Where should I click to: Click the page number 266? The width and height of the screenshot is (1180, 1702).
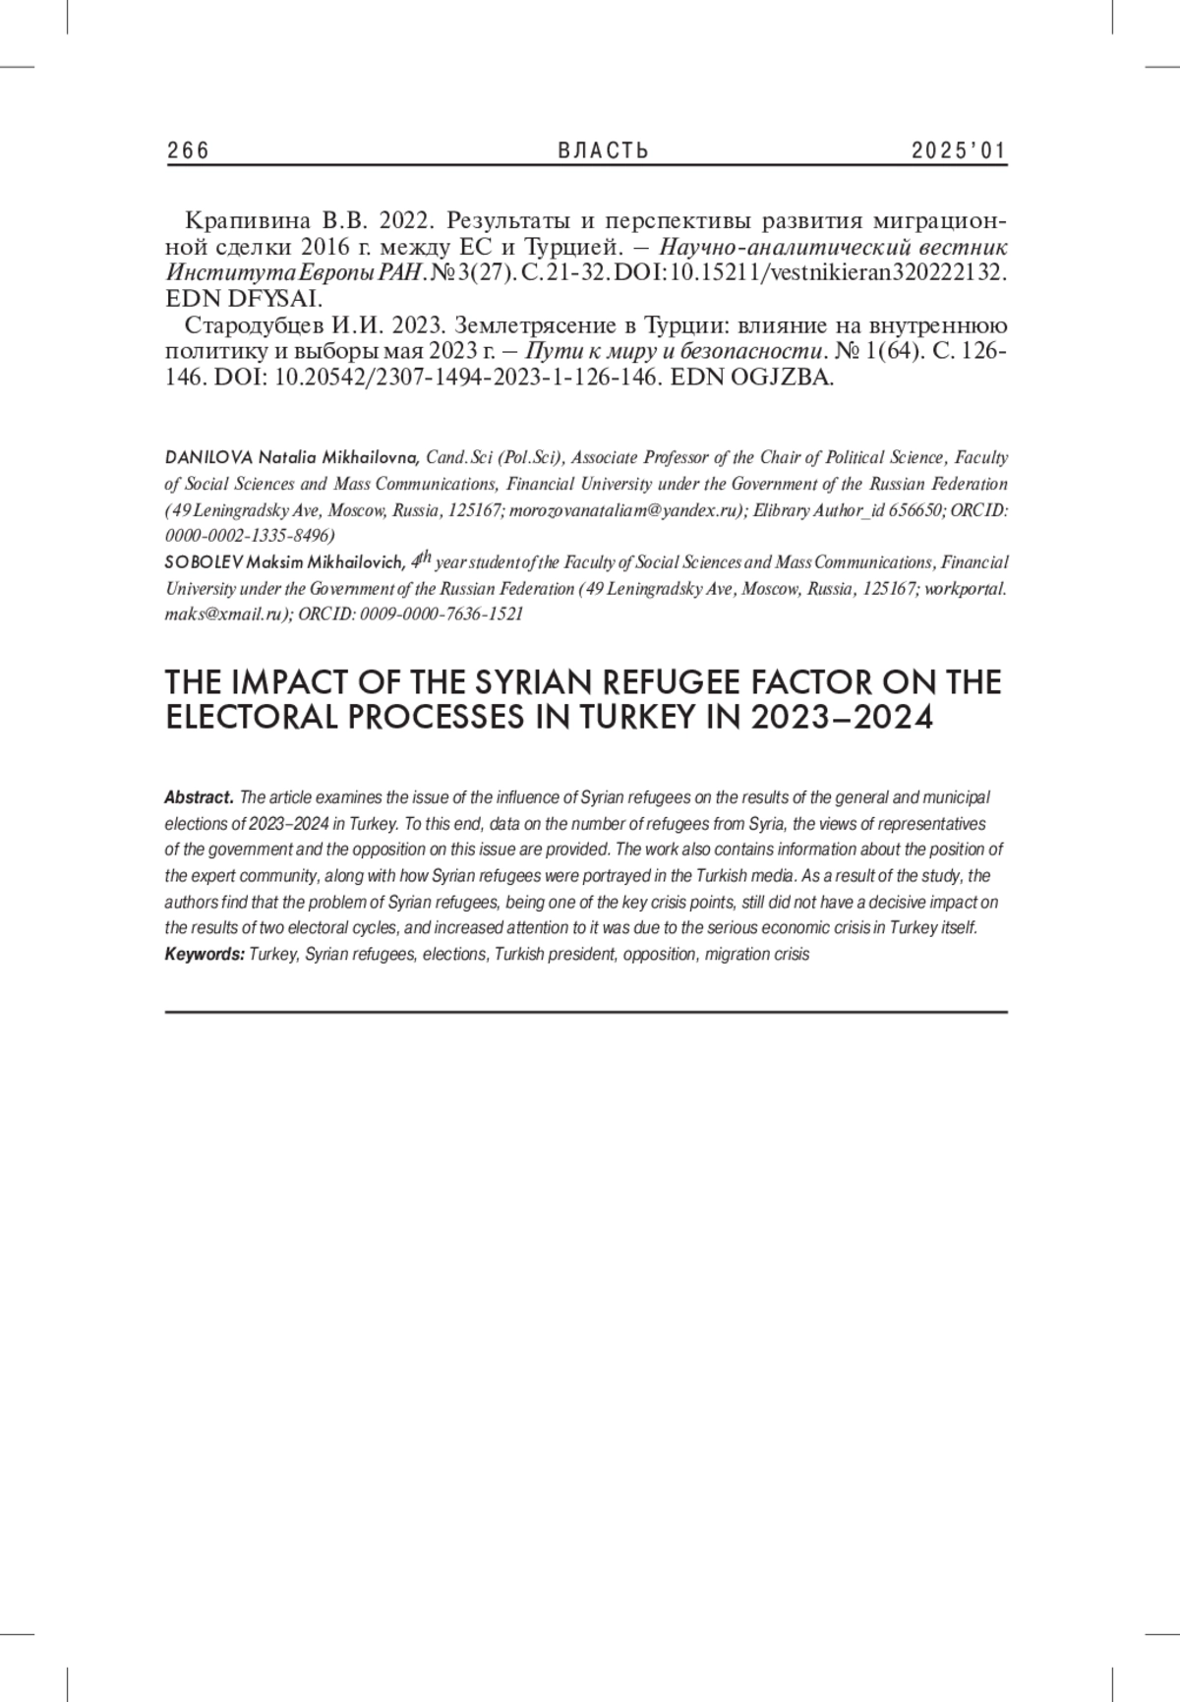click(x=188, y=150)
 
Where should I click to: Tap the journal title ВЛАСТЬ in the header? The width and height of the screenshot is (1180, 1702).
click(x=604, y=150)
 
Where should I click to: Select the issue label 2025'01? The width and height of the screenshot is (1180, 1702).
click(x=959, y=150)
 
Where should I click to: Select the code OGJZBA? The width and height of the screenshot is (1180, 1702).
click(x=782, y=379)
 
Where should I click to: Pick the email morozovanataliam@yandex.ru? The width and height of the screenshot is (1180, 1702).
click(x=624, y=510)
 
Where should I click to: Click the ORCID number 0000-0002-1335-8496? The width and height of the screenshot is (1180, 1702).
click(x=250, y=536)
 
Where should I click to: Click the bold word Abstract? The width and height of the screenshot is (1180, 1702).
click(x=200, y=796)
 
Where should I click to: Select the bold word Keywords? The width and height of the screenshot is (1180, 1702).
click(x=205, y=954)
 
